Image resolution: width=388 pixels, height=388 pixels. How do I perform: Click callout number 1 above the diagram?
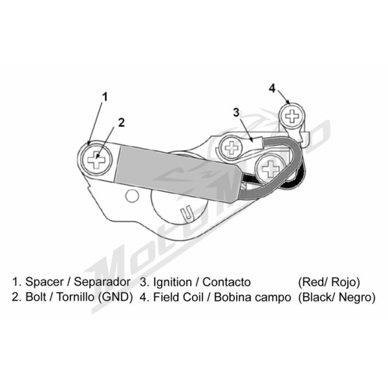pyautogui.click(x=105, y=97)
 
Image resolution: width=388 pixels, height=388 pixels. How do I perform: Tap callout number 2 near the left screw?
pyautogui.click(x=122, y=123)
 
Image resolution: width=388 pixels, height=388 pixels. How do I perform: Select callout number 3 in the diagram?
pyautogui.click(x=236, y=113)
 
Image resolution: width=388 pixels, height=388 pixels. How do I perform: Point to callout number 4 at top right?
pyautogui.click(x=272, y=88)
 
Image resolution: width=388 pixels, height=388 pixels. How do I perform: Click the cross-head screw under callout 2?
pyautogui.click(x=96, y=159)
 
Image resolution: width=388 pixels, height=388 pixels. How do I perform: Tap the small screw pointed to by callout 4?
pyautogui.click(x=292, y=116)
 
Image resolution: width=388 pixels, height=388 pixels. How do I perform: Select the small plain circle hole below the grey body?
pyautogui.click(x=132, y=196)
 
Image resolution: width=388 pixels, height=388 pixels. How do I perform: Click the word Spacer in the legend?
pyautogui.click(x=44, y=282)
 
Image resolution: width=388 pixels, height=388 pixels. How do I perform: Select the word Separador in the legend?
pyautogui.click(x=102, y=282)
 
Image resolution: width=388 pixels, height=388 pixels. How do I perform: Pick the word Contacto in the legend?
pyautogui.click(x=226, y=282)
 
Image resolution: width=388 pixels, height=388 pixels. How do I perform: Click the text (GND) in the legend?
pyautogui.click(x=116, y=297)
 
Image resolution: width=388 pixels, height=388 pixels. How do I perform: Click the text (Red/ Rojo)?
pyautogui.click(x=329, y=282)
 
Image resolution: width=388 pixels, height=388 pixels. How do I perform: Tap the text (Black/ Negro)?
pyautogui.click(x=336, y=297)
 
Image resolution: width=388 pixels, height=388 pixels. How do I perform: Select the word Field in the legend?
pyautogui.click(x=165, y=297)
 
